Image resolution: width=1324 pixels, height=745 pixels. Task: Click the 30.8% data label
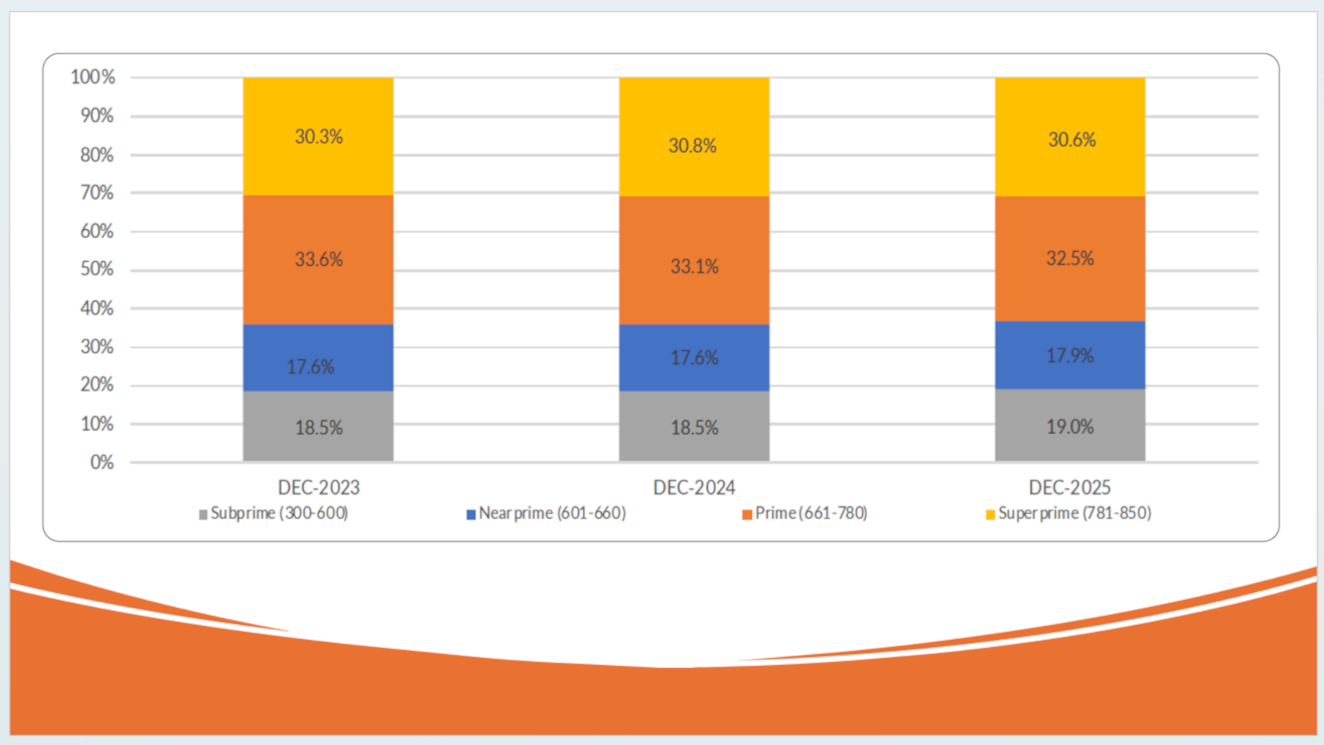693,146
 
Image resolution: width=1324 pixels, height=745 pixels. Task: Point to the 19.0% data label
1070,427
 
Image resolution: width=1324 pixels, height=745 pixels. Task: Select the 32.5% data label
1070,259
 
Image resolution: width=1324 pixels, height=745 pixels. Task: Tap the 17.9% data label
1070,356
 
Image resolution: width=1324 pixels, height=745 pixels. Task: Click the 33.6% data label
319,260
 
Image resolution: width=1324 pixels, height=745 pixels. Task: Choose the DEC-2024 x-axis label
694,488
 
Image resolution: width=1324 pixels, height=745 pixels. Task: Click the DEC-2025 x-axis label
1070,488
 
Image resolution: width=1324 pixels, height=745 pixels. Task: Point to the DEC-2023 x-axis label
319,488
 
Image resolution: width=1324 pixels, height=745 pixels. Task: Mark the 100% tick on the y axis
93,77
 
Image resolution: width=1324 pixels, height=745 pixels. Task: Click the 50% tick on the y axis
97,269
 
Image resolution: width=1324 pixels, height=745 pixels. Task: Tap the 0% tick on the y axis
102,463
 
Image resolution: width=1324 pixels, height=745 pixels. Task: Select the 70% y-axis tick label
97,193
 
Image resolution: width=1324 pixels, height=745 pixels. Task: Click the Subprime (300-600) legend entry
273,514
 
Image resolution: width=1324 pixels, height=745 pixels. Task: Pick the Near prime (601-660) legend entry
547,514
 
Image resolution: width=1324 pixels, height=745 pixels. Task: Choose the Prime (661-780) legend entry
805,514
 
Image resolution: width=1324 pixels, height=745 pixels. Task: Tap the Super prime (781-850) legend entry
1069,514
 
